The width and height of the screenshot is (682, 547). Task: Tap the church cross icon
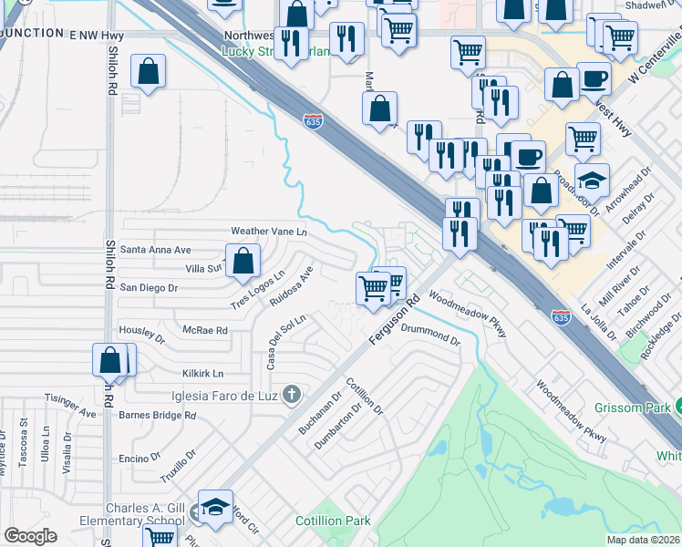(x=291, y=395)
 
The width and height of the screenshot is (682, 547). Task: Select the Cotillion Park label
(x=333, y=521)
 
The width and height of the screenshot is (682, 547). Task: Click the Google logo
(x=30, y=536)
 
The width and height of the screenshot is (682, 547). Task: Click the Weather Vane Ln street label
(x=269, y=232)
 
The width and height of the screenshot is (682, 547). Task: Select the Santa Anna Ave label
(x=156, y=249)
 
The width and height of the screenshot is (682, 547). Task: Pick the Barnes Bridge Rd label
(x=158, y=415)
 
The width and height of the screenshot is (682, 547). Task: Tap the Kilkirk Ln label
(x=202, y=374)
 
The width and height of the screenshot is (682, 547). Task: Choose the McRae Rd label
(x=205, y=330)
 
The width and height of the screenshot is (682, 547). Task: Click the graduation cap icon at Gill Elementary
(x=216, y=508)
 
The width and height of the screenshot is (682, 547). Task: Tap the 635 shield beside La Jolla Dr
(x=561, y=317)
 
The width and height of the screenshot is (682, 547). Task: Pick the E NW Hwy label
(x=97, y=33)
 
